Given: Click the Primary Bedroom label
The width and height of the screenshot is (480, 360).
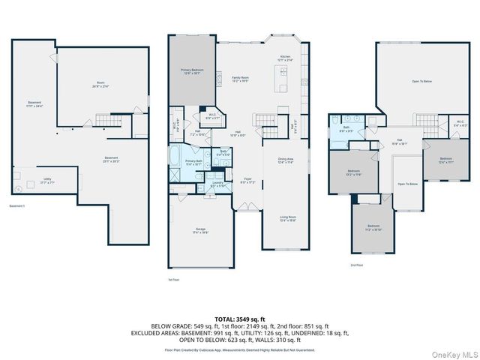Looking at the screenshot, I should (191, 71).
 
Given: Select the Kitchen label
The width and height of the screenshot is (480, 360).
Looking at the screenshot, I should (285, 58).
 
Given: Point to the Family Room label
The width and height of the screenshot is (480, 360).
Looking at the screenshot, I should (240, 79).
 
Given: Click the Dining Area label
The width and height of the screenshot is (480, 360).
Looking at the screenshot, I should (286, 159).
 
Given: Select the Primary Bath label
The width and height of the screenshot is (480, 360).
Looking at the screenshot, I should (193, 162).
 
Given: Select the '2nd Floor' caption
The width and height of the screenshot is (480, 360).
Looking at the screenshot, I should (358, 265).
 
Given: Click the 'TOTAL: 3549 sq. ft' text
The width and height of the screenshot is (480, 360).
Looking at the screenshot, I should (240, 319).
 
